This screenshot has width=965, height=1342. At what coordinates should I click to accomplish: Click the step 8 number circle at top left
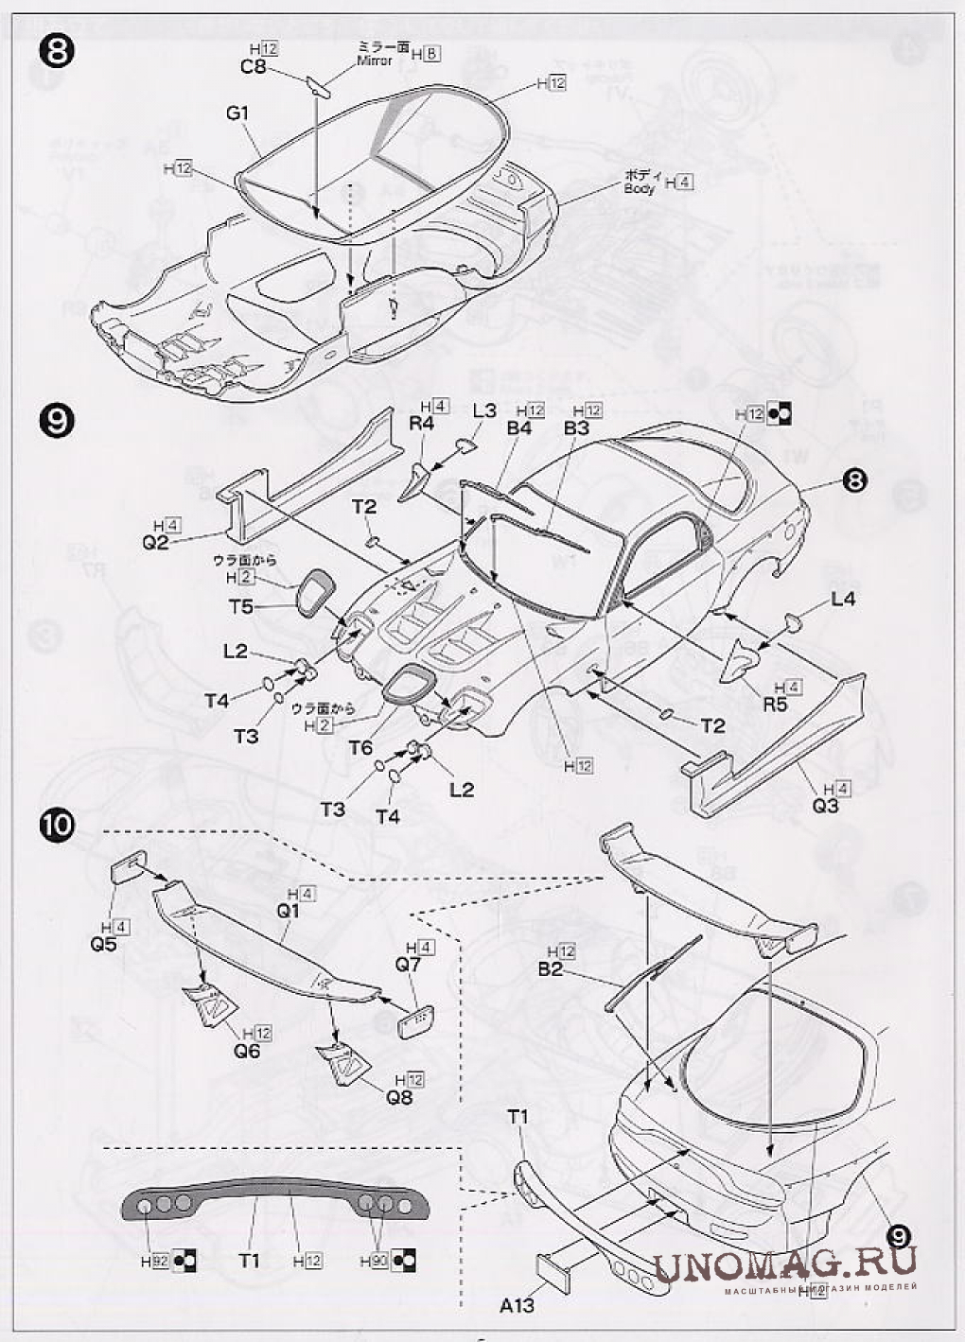click(x=56, y=51)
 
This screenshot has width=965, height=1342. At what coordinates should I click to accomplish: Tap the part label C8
click(x=253, y=67)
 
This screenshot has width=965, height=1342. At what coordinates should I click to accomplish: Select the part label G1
click(x=237, y=113)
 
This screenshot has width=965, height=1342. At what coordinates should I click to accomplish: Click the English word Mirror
click(x=375, y=61)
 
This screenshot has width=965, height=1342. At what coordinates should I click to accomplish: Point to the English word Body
click(x=640, y=188)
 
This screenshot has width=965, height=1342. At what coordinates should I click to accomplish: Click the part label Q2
click(x=155, y=542)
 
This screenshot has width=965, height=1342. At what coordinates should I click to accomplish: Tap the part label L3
click(x=484, y=410)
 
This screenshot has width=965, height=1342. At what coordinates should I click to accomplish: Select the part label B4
click(x=519, y=427)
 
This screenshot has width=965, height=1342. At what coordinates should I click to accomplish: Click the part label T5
click(x=242, y=606)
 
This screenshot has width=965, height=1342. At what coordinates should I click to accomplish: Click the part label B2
click(x=551, y=968)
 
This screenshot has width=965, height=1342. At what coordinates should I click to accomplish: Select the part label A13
click(x=517, y=1305)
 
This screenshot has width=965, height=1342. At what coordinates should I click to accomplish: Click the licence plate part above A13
click(x=556, y=1267)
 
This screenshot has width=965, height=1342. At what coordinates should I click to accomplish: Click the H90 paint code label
click(x=375, y=1261)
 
